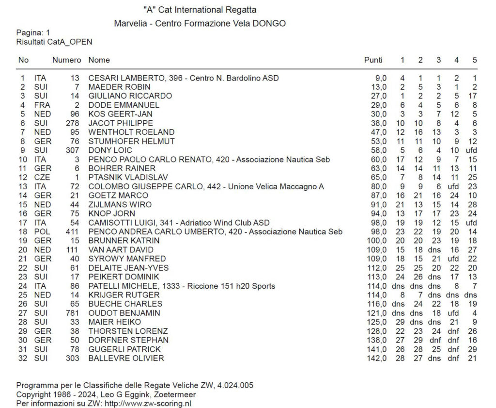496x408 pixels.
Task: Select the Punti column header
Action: click(x=373, y=60)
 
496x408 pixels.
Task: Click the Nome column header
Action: click(x=99, y=60)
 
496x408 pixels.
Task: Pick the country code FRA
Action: click(x=42, y=105)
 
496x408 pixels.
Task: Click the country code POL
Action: click(x=42, y=231)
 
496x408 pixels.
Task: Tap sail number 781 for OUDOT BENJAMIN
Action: click(x=72, y=313)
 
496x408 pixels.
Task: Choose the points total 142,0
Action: click(x=377, y=358)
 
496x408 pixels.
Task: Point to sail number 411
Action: click(x=72, y=231)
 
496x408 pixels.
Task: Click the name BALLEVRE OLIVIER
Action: click(x=126, y=358)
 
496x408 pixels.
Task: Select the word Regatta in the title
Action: click(x=241, y=10)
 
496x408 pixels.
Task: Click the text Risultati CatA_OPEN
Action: click(x=54, y=42)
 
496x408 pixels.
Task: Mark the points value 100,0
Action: click(x=377, y=241)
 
